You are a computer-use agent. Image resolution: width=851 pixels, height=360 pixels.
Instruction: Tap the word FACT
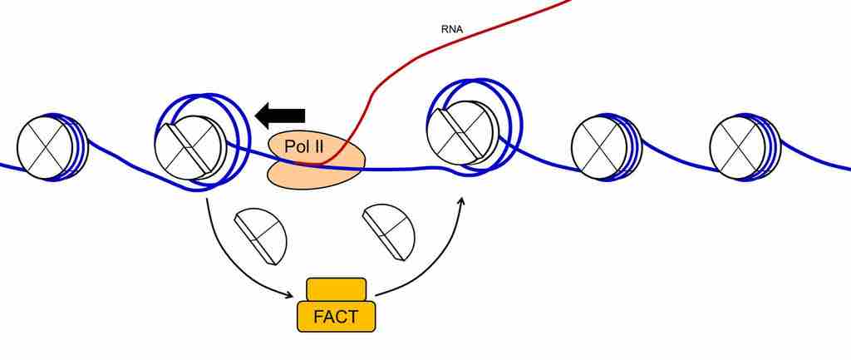coord(336,318)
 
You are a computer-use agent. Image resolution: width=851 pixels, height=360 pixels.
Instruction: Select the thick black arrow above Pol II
coord(281,115)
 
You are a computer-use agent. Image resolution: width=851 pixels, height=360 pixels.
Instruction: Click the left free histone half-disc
coord(262,235)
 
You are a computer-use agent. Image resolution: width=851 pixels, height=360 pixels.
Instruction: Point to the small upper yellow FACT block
coord(336,289)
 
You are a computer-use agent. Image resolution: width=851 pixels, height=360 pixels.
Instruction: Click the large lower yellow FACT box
coord(336,317)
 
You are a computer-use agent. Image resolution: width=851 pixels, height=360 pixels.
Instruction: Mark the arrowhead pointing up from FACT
coord(461,201)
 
